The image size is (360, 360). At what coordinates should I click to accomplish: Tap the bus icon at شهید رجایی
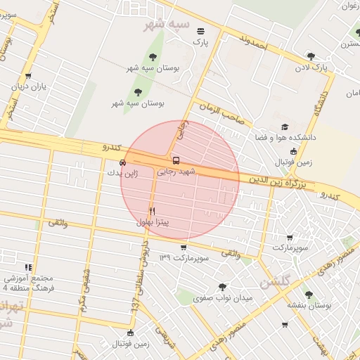point(175,160)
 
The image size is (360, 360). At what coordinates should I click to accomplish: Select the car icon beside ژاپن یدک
point(123,162)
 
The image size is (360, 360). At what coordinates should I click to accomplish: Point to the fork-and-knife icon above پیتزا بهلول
point(153,211)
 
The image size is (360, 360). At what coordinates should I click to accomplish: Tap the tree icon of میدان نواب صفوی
point(223,287)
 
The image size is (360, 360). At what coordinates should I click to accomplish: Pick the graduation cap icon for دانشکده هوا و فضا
point(284,127)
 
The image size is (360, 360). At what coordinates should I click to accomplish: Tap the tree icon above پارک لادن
point(311,56)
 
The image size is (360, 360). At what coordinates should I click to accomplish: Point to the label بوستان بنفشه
point(309,305)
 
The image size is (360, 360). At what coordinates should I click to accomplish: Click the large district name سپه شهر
point(167,25)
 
